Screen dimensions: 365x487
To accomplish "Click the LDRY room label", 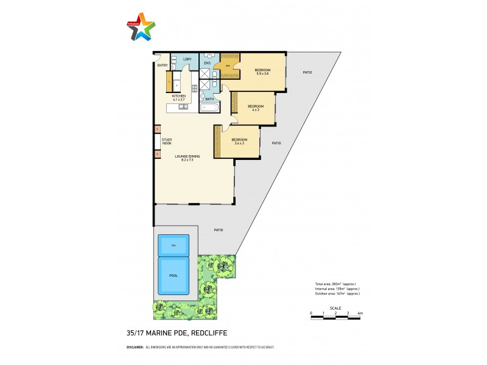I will click(187, 59).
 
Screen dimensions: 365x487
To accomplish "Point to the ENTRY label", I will click(163, 65).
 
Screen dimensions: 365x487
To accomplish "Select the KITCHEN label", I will click(178, 96).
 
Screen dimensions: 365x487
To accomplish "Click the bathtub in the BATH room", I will click(209, 108).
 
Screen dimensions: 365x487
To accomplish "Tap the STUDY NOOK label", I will click(167, 141).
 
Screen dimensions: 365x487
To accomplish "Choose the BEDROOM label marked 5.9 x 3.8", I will click(262, 71).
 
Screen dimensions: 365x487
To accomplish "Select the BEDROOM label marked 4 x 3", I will click(254, 107).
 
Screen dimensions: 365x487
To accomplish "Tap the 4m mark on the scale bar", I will click(361, 313).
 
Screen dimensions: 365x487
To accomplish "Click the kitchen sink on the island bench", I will click(183, 107).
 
